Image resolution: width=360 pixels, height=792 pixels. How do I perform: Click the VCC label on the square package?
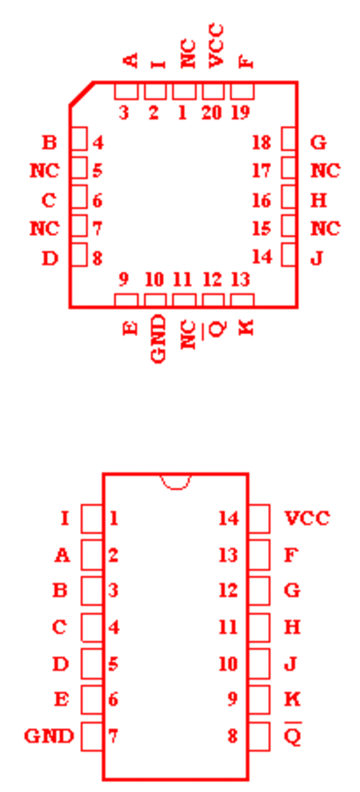216,46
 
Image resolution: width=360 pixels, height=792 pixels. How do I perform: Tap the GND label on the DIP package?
49,736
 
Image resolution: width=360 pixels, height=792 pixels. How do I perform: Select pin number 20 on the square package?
211,112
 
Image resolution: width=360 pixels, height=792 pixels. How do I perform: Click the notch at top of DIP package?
175,481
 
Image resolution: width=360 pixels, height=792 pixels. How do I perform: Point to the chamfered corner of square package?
81,94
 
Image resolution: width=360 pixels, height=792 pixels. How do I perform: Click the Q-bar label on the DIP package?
292,735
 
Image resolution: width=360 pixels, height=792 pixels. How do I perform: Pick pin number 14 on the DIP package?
229,518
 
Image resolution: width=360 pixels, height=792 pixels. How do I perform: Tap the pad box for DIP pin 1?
92,518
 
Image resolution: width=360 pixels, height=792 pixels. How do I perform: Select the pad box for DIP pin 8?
259,736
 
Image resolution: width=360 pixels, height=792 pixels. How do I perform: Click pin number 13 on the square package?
241,279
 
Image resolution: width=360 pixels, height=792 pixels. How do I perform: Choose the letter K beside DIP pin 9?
292,699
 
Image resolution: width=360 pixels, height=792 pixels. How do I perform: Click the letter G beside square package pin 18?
319,143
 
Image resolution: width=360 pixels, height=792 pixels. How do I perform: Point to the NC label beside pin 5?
44,171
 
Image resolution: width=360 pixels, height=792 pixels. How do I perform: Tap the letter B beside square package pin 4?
49,143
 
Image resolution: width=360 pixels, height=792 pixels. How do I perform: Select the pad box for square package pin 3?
126,92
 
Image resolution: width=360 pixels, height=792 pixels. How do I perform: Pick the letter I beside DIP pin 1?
65,518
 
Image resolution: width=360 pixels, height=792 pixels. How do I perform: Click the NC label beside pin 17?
326,171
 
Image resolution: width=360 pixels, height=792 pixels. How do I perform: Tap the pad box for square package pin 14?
288,255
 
